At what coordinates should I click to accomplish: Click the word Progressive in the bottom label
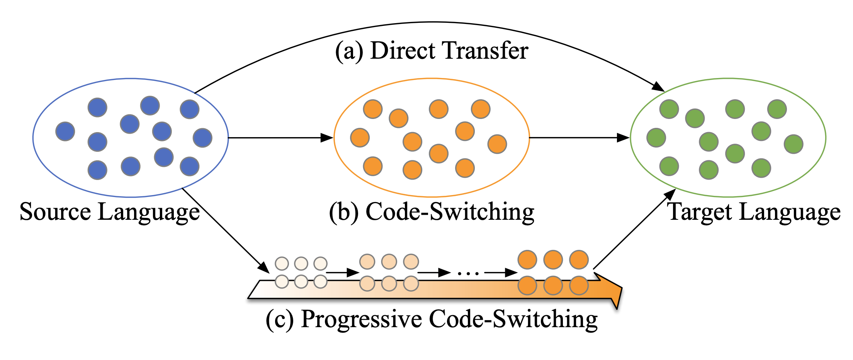coord(361,319)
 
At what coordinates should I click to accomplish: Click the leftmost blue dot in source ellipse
coord(65,131)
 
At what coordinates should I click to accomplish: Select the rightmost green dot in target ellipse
coord(794,144)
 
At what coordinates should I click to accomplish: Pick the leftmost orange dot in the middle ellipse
coord(360,138)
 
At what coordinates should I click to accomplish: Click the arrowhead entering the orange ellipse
coord(328,138)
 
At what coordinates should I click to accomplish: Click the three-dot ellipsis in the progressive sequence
coord(468,273)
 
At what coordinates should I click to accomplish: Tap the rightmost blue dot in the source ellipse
coord(202,138)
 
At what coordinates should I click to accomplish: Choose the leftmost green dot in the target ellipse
coord(656,138)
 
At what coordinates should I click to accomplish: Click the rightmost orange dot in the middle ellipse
coord(497,144)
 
